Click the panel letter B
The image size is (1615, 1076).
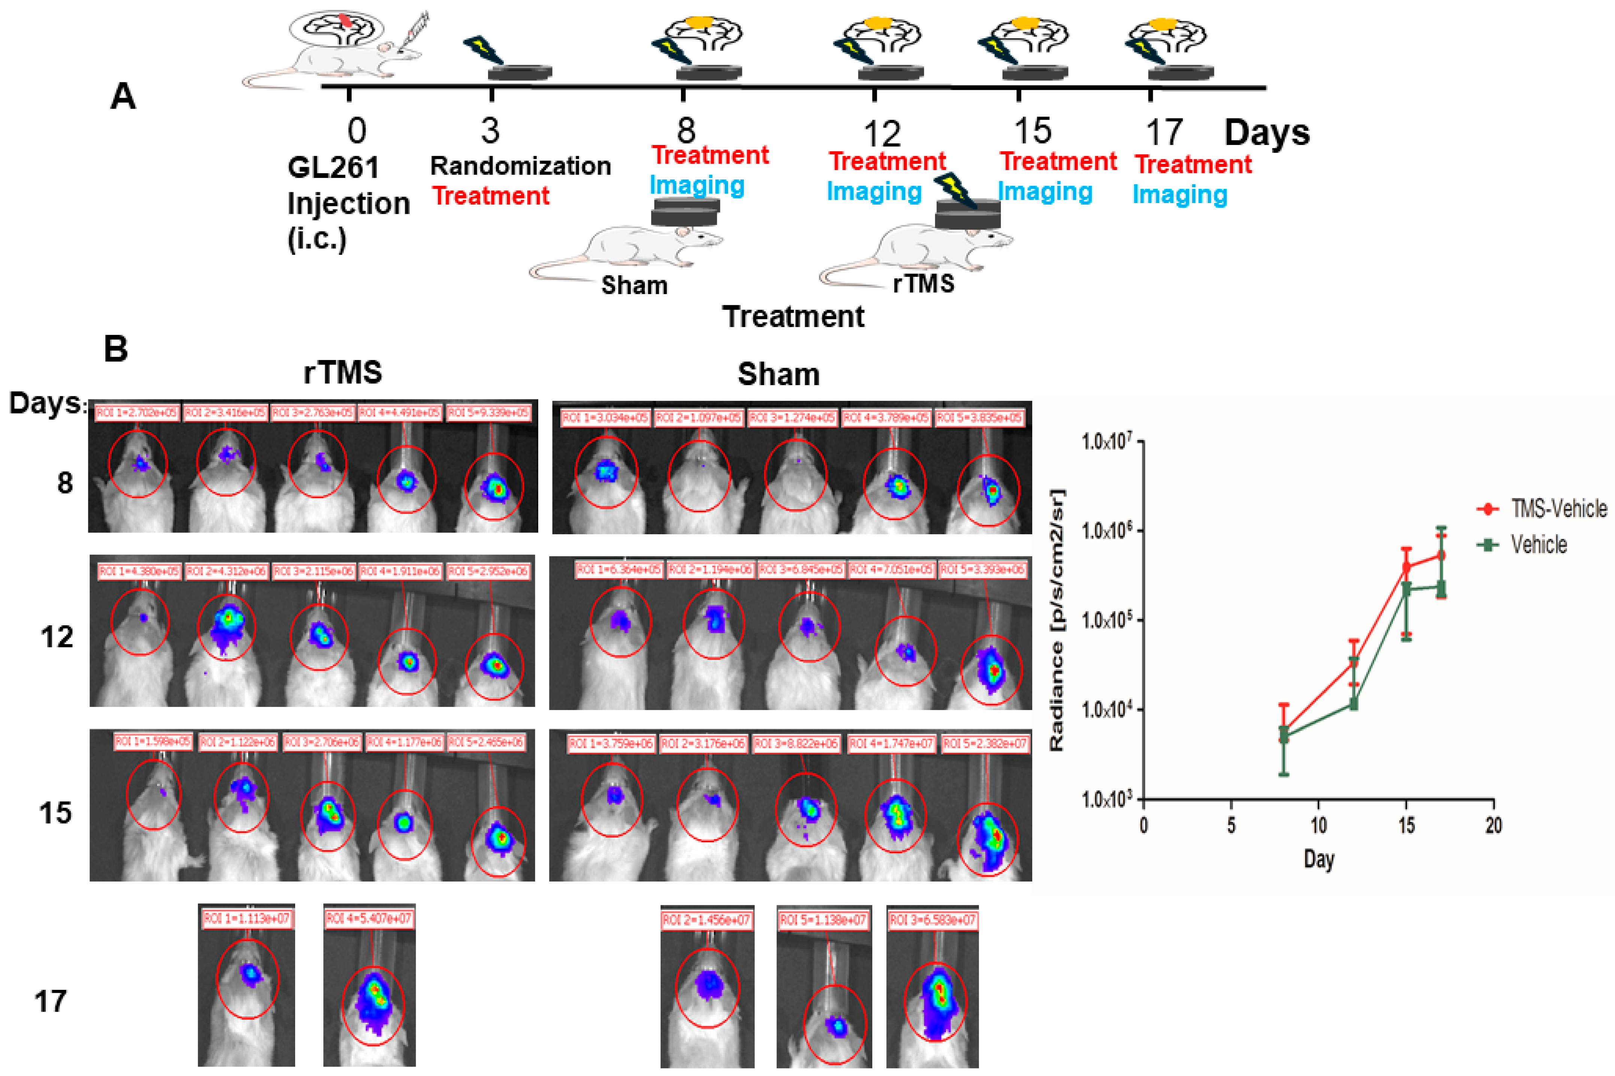click(115, 348)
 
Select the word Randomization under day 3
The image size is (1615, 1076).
click(520, 166)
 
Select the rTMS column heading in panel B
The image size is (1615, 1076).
click(342, 373)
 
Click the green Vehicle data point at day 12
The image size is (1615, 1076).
click(1354, 703)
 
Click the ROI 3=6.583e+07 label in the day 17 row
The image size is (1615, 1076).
click(932, 919)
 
